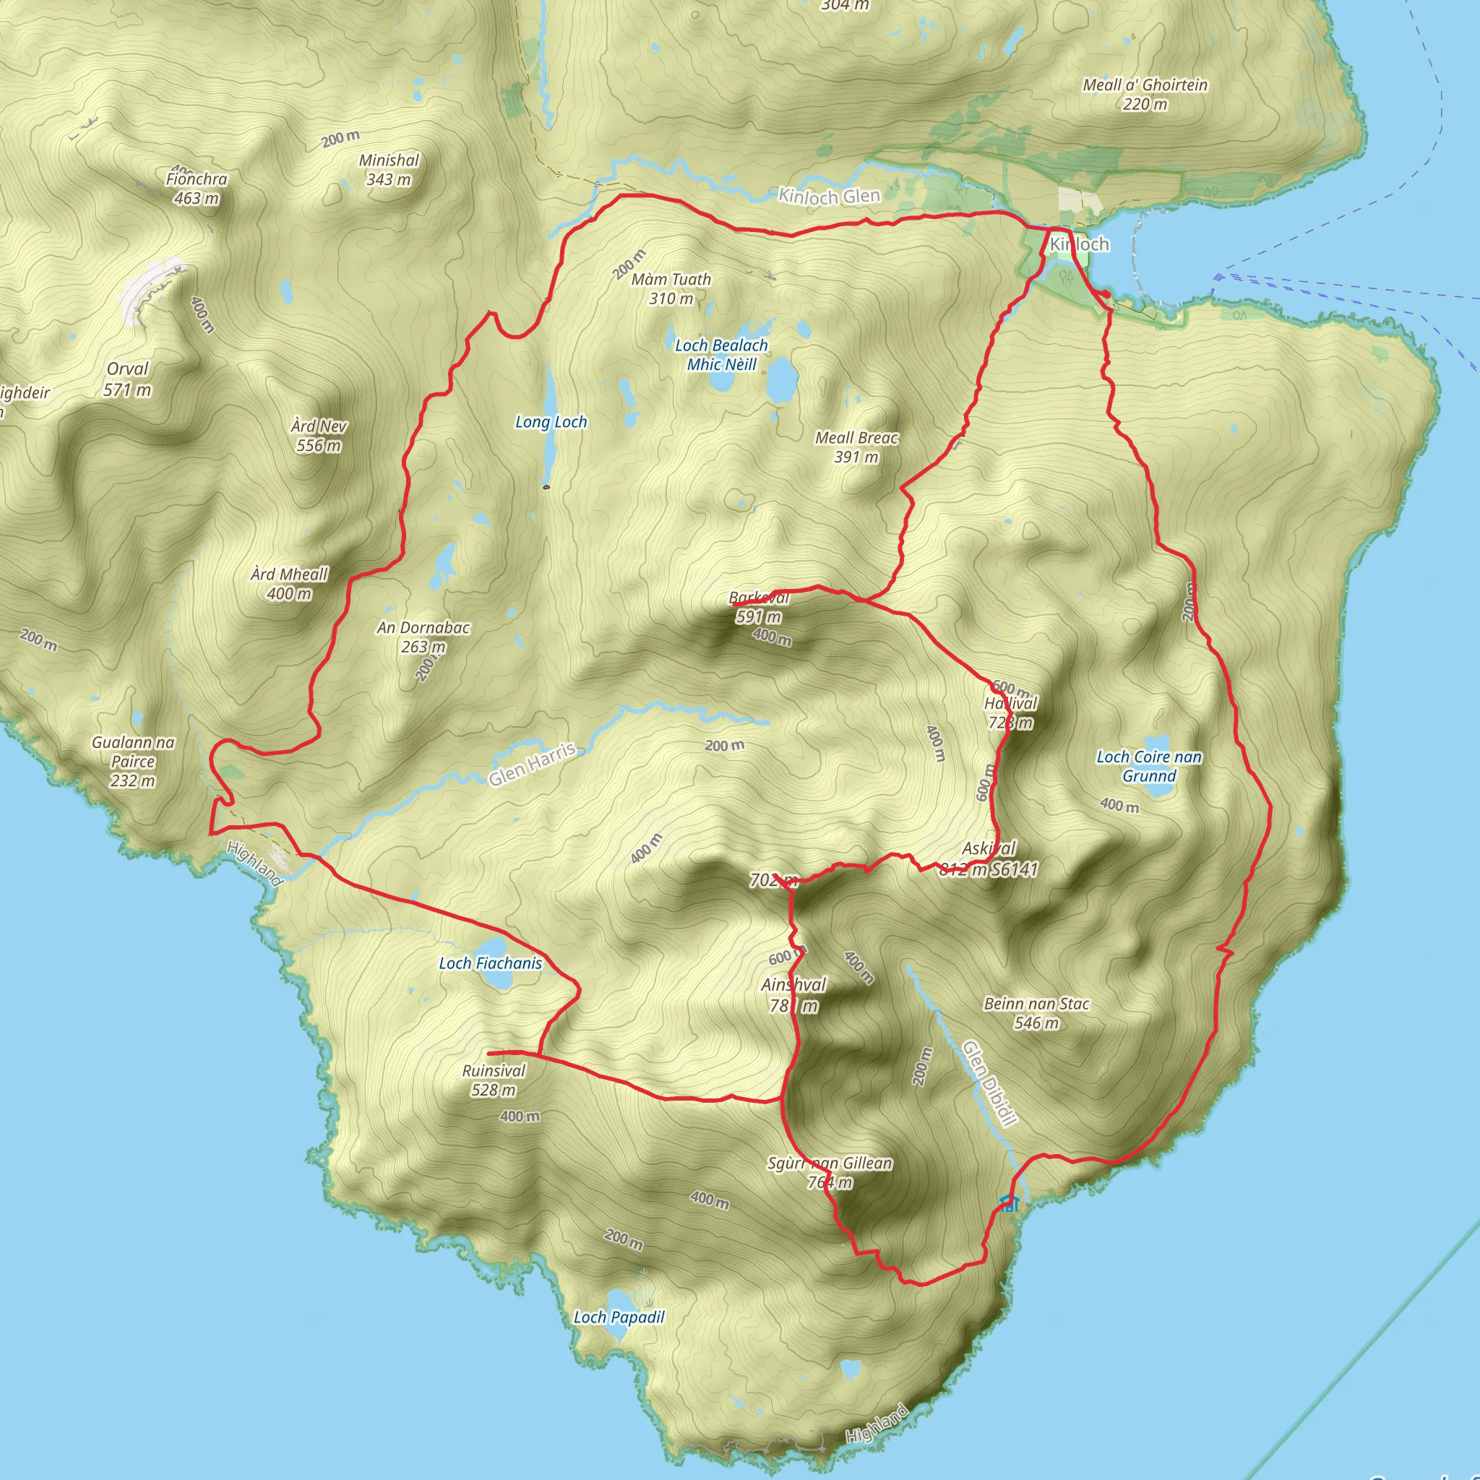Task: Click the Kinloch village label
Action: (x=1080, y=244)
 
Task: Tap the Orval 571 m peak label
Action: (x=127, y=379)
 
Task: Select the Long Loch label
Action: (x=551, y=422)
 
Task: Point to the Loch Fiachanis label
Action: (x=490, y=964)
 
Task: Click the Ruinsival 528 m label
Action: (x=494, y=1080)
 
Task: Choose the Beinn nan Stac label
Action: (x=1036, y=1012)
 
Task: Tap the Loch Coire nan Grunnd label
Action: (x=1149, y=766)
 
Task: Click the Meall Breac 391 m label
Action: (x=856, y=447)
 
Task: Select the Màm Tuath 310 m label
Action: (x=671, y=289)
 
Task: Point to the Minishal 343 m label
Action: (x=390, y=169)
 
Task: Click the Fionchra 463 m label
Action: (x=197, y=189)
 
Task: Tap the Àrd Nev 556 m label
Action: (x=319, y=435)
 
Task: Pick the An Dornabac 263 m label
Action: (x=423, y=637)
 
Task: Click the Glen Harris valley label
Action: (x=533, y=764)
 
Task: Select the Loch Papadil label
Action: (x=619, y=1317)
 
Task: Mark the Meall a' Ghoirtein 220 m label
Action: (x=1145, y=94)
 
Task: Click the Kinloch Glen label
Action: (x=829, y=197)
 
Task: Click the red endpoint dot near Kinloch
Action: (x=1106, y=294)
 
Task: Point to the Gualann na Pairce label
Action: (x=133, y=762)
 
